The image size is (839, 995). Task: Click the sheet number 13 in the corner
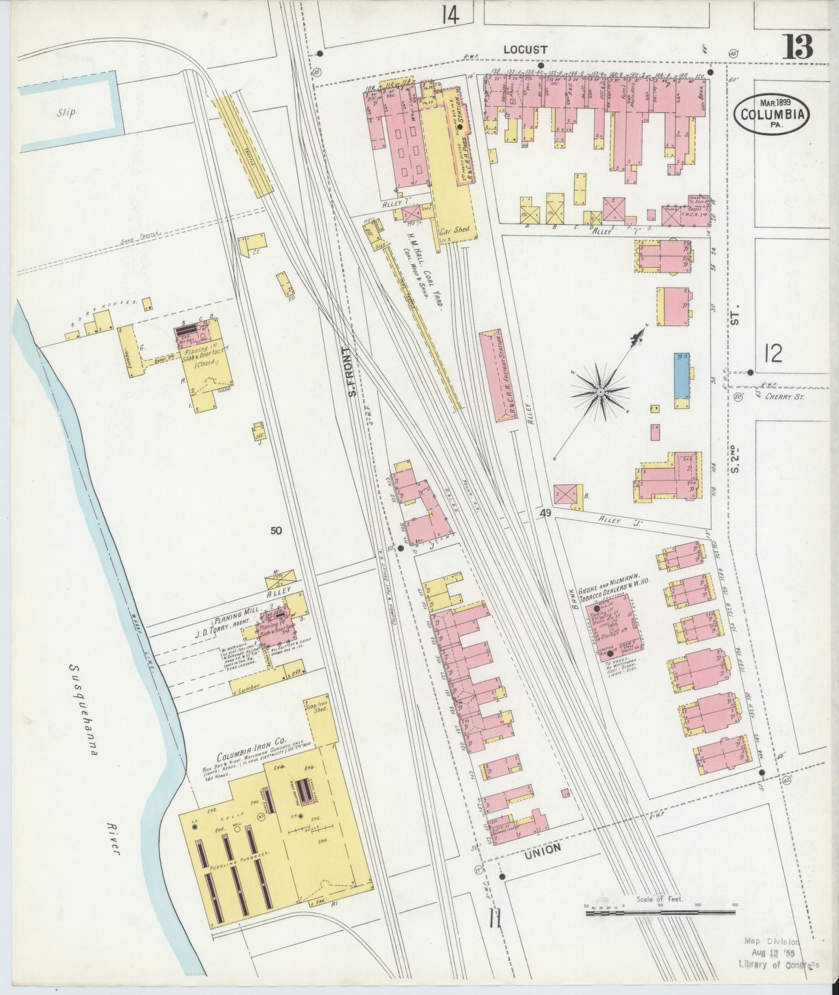798,46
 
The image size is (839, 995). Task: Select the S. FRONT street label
350,372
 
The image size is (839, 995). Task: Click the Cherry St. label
785,397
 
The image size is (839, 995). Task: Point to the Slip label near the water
67,112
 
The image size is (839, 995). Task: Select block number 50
276,529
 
